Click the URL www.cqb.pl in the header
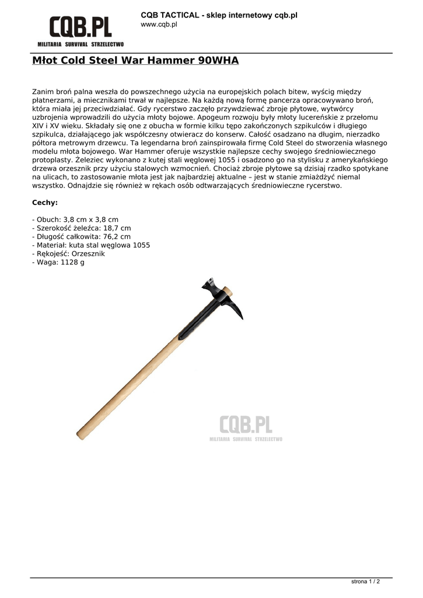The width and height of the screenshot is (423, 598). (159, 25)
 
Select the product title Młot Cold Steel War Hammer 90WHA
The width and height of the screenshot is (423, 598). (135, 61)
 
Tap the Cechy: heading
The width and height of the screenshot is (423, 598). (44, 203)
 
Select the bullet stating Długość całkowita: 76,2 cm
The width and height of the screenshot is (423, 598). (81, 237)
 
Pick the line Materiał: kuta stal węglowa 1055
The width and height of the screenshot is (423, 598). (90, 245)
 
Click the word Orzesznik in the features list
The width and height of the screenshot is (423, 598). (89, 254)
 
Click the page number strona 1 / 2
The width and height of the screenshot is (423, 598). (365, 582)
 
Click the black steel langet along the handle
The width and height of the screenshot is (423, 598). (187, 327)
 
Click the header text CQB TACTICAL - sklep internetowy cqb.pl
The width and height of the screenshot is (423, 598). (219, 15)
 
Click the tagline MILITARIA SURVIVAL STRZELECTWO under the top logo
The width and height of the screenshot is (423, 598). (81, 44)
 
